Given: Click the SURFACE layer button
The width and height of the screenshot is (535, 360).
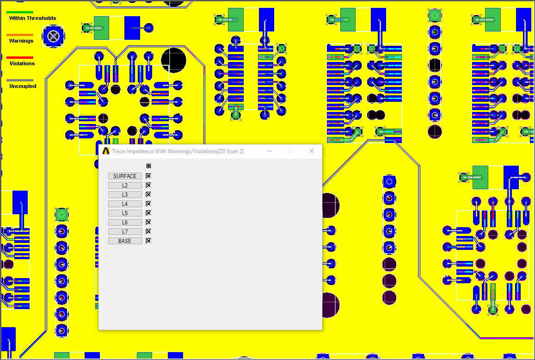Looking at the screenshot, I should coord(125,176).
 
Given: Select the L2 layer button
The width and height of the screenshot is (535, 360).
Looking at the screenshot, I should coord(125,186).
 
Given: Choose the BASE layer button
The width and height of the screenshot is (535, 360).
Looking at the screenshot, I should coord(125,241).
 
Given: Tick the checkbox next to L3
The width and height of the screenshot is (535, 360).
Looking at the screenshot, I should coord(148,194).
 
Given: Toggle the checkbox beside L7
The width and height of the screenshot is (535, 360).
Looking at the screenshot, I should coord(148,231).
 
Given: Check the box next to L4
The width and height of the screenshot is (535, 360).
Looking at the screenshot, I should coord(148,204).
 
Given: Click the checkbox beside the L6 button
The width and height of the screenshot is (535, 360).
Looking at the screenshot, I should coord(148,222).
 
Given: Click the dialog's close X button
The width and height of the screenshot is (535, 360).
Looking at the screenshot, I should coord(312,151).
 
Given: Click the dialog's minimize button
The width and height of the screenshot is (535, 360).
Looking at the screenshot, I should coord(270,151).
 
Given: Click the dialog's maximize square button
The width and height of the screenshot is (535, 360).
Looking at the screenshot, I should coord(290,151).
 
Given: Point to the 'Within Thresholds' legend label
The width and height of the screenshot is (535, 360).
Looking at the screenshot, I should coord(32,19).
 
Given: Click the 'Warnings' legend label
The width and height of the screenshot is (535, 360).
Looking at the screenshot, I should coord(21,41).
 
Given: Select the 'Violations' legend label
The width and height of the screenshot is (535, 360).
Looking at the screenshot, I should coord(22,64).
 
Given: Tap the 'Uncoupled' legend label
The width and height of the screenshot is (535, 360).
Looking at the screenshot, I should coord(23,87).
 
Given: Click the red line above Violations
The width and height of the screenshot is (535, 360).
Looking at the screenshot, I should coord(20,57).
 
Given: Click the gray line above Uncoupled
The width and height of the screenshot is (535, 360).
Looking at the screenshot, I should coord(20,80).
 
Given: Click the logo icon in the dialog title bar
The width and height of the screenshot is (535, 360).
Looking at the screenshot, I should coord(106,151).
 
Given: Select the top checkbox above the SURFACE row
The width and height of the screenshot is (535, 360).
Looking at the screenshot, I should coord(148,166).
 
